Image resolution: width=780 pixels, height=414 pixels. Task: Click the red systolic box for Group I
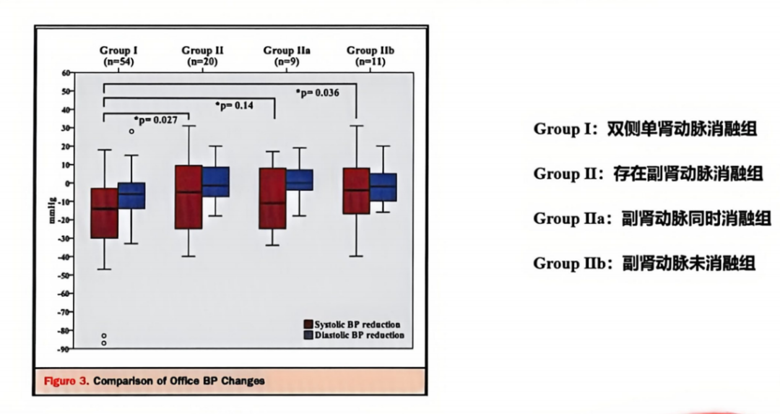104,212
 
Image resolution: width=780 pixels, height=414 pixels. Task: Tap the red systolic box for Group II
188,197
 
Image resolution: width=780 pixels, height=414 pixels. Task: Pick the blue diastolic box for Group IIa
299,180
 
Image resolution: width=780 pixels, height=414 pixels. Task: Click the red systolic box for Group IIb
357,191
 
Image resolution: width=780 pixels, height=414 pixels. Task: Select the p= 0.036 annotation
318,92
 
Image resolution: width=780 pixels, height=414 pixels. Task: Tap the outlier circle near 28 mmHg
131,131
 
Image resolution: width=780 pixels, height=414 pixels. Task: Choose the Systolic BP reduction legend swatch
308,324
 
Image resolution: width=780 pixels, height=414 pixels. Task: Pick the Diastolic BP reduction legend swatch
308,335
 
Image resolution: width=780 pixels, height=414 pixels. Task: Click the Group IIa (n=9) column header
287,56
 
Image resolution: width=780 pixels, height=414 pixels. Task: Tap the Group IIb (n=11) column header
370,56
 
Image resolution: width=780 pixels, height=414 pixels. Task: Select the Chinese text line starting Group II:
647,174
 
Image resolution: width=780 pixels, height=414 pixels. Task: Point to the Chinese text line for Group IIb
644,264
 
